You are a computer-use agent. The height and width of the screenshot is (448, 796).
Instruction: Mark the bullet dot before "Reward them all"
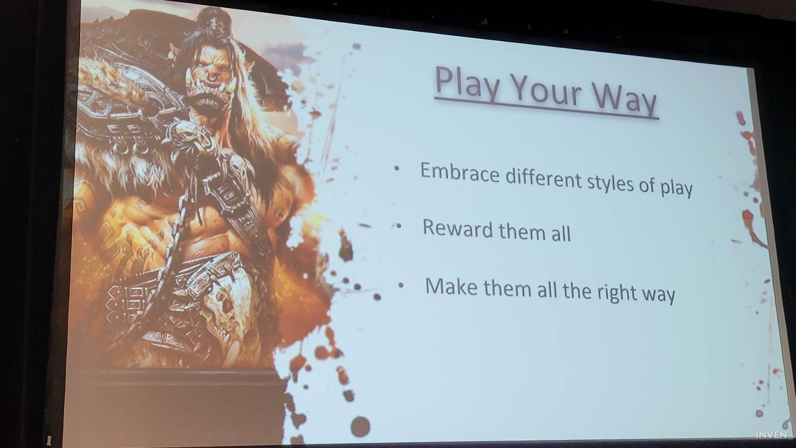[399, 226]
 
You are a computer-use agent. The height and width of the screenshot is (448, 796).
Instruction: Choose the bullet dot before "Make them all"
[401, 285]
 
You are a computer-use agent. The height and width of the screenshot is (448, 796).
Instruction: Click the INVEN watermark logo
[770, 434]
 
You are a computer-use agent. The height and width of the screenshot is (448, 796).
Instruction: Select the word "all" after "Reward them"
[561, 233]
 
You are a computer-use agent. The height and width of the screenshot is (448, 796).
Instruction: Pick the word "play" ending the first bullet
[677, 188]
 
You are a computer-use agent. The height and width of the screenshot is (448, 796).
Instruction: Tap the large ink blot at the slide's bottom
[360, 427]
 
